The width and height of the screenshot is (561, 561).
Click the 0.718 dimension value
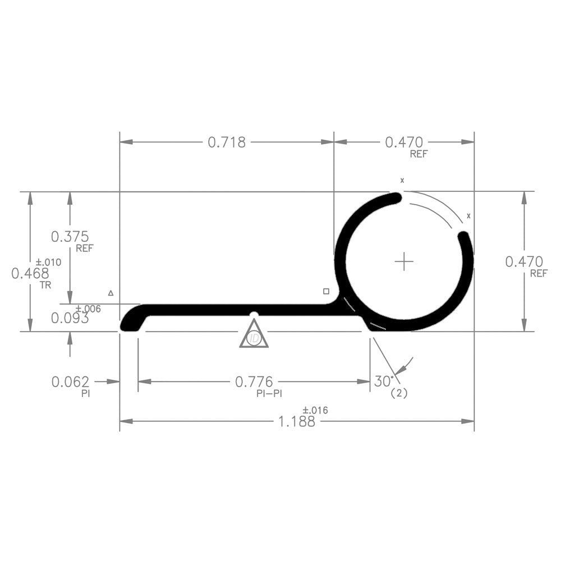(x=227, y=142)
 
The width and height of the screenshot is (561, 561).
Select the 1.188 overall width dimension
(x=297, y=422)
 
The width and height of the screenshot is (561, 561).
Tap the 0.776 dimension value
(x=254, y=382)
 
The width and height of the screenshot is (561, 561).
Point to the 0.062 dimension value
(x=70, y=382)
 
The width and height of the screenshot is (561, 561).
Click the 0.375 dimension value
(x=70, y=237)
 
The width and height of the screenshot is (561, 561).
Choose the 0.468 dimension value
(x=30, y=274)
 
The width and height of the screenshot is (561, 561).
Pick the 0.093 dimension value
(x=70, y=319)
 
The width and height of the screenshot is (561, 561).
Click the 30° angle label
(x=384, y=381)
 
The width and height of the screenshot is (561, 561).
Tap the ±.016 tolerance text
(x=315, y=411)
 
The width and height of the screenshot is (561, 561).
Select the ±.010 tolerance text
(x=48, y=262)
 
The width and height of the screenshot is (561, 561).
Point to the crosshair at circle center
(x=404, y=261)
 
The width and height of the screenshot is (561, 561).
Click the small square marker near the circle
(x=326, y=291)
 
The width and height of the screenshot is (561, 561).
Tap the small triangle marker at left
(x=111, y=293)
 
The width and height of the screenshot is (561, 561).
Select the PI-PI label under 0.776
(x=269, y=394)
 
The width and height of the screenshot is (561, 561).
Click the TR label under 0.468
(x=45, y=284)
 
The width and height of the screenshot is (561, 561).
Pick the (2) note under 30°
(x=399, y=394)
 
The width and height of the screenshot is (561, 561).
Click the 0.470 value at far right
(x=524, y=261)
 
